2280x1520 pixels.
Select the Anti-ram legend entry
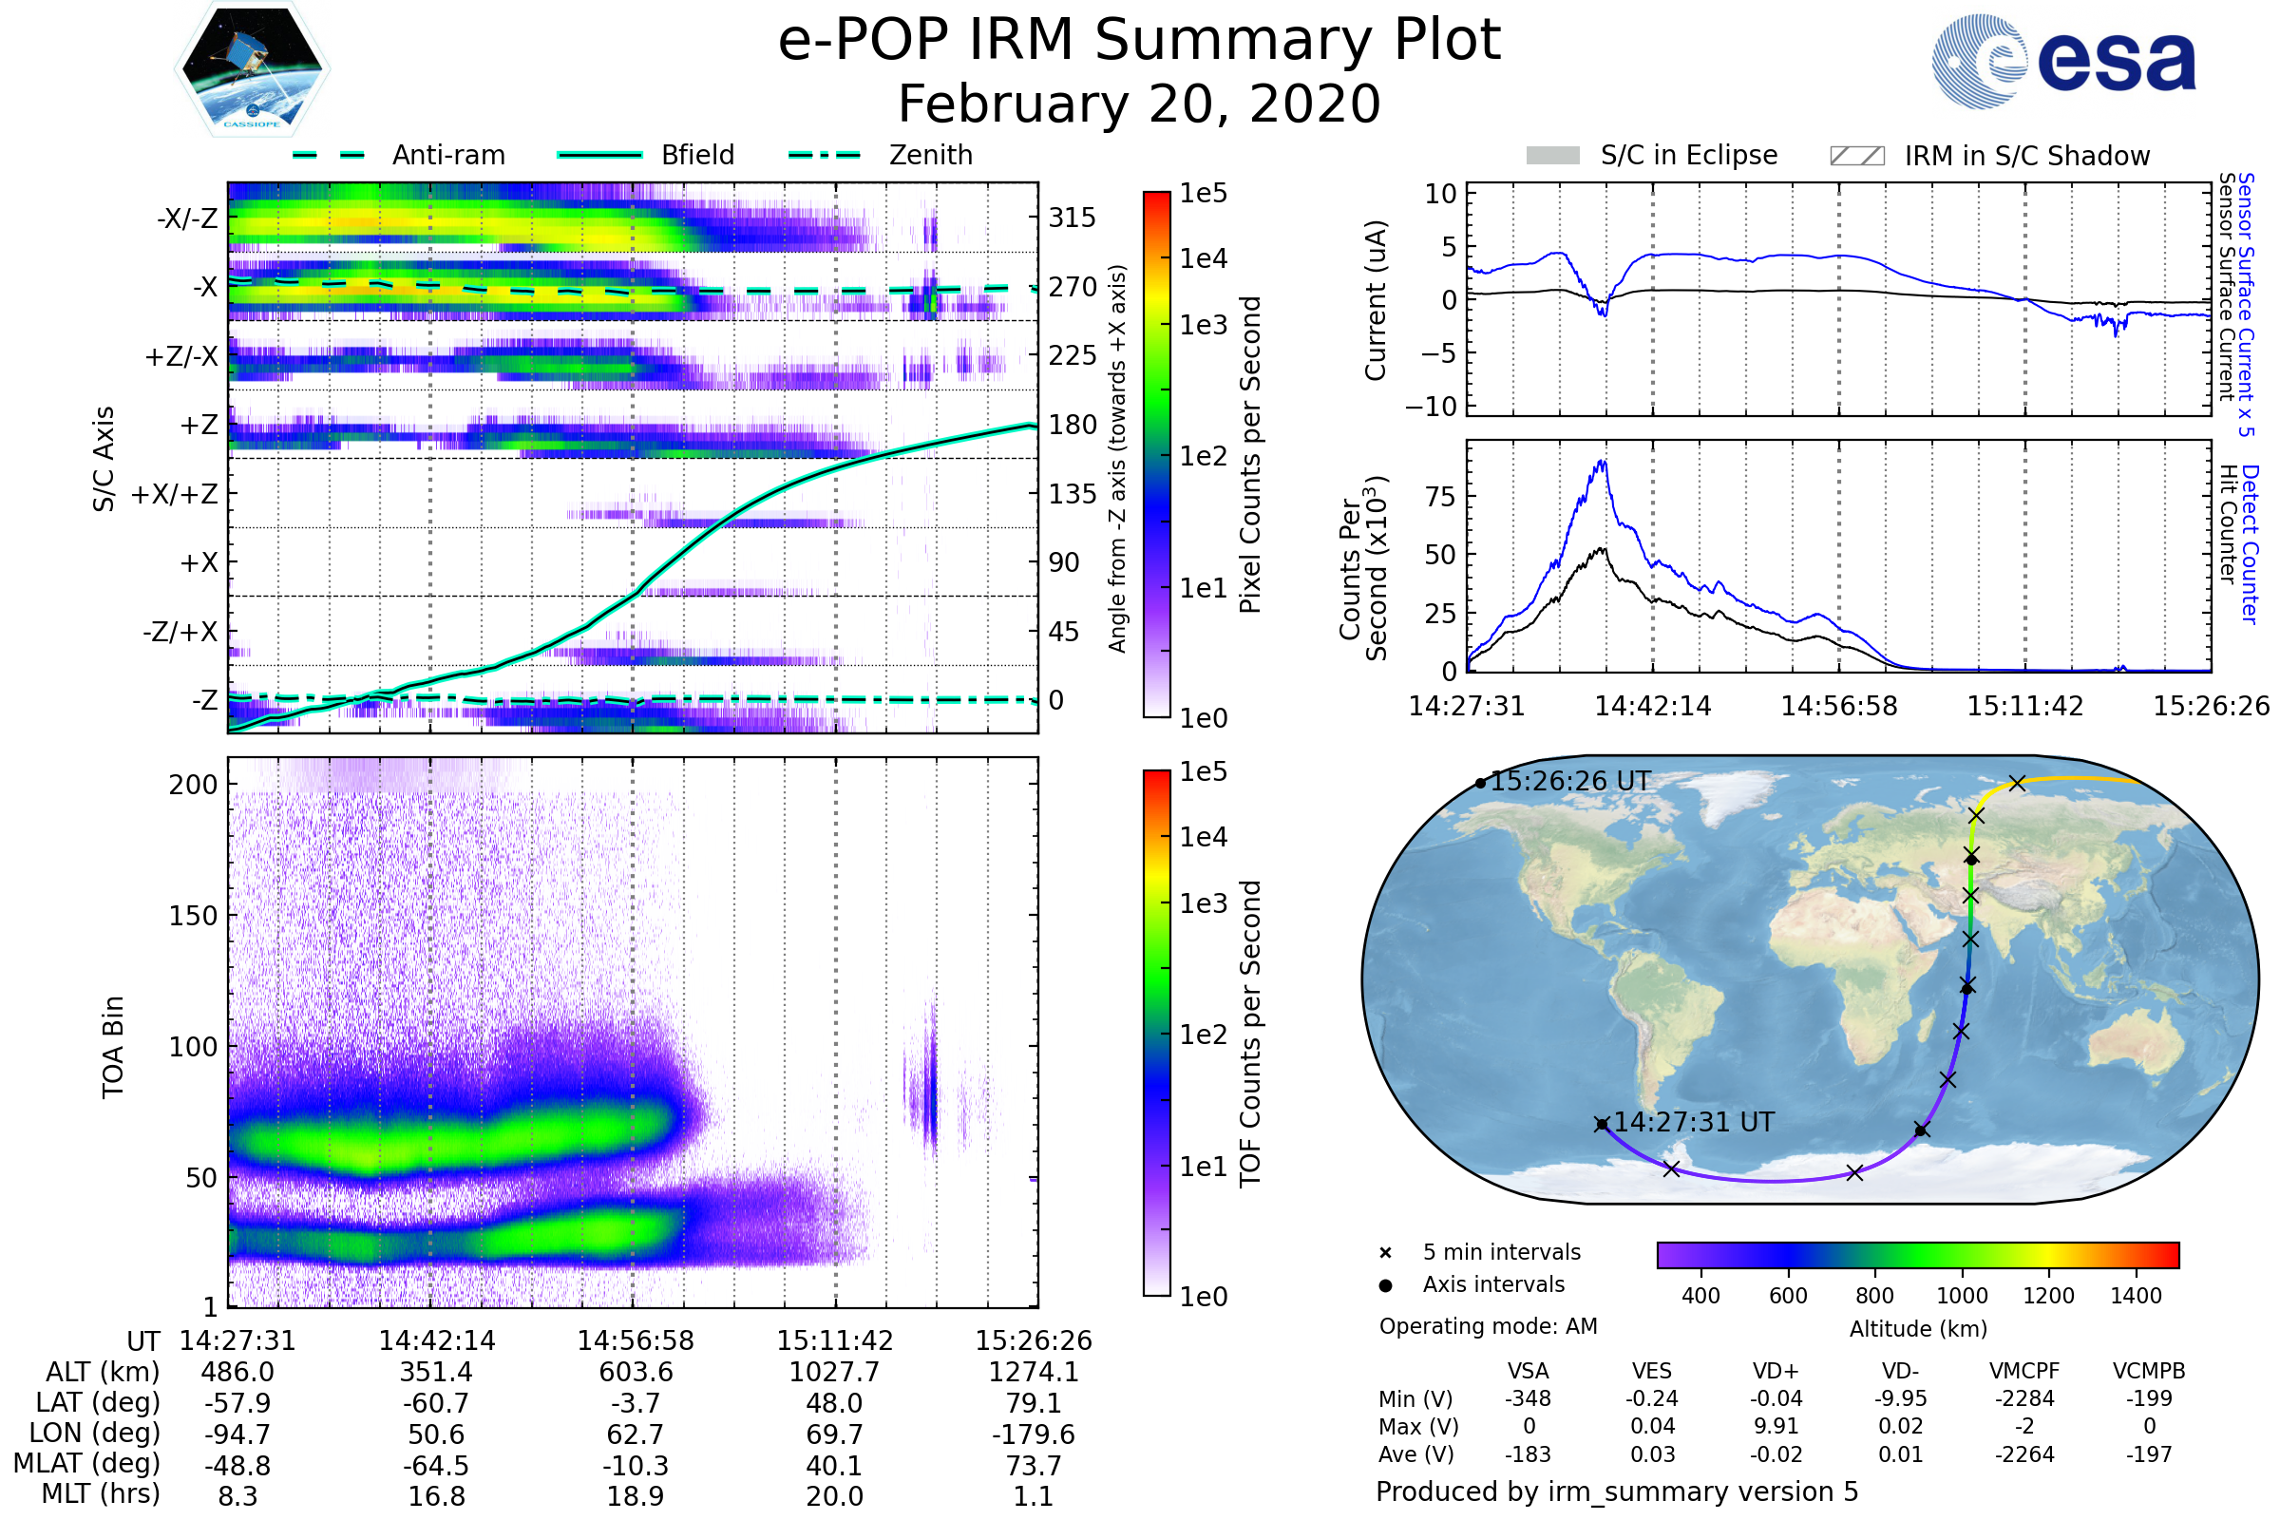point(447,155)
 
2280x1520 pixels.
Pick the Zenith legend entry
point(930,155)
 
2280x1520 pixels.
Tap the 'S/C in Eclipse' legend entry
point(1688,155)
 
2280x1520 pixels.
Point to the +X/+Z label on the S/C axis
point(175,494)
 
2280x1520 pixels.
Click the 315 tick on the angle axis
point(1072,218)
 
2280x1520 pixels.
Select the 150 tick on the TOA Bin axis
point(193,916)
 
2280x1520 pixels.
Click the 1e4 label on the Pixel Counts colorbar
point(1203,258)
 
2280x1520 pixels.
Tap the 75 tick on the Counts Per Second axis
point(1440,497)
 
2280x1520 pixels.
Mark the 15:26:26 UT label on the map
point(1569,781)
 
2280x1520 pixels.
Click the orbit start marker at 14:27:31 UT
point(1602,1125)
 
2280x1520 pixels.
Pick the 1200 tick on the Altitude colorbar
point(2048,1296)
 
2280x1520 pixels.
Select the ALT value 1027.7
point(834,1372)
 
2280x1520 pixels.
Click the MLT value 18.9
point(635,1495)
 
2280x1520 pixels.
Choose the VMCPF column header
point(2024,1371)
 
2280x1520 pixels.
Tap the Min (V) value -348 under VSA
point(1528,1398)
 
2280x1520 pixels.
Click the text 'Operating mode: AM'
point(1488,1326)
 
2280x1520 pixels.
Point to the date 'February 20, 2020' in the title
point(1139,104)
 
